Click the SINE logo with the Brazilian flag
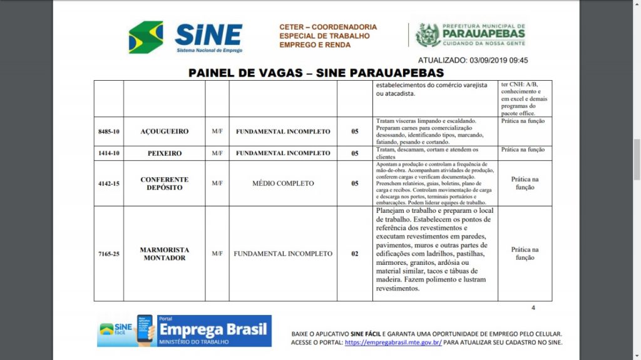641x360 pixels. [185, 37]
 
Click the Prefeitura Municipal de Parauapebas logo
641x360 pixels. [470, 35]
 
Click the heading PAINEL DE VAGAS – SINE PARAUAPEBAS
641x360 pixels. [316, 73]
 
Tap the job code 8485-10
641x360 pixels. [108, 132]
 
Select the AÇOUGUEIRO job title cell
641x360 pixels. [164, 132]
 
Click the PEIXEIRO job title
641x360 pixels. [164, 153]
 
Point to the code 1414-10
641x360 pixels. [108, 153]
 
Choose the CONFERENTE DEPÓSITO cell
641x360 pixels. [164, 183]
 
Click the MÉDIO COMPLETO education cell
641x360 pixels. [282, 183]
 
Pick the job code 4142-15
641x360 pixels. [108, 183]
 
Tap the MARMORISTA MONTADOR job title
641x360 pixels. [164, 254]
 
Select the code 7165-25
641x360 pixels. [108, 254]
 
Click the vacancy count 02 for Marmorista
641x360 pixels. [354, 254]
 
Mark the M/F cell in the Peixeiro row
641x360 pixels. [217, 153]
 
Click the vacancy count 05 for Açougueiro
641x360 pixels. [354, 132]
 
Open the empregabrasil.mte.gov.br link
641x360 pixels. [393, 342]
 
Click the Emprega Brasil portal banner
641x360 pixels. [184, 331]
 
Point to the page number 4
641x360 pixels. [533, 307]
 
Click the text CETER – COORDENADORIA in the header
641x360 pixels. [328, 28]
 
